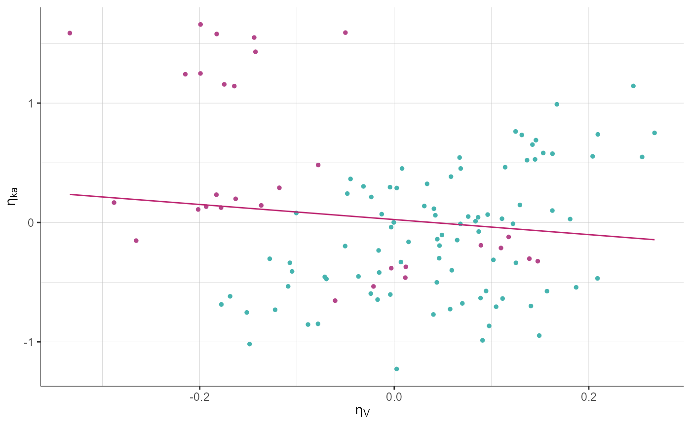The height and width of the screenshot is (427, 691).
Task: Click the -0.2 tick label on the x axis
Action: [199, 396]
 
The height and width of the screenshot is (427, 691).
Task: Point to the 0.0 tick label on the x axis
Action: [393, 396]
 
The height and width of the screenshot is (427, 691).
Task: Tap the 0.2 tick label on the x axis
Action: [588, 396]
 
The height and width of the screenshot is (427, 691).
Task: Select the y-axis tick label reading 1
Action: [31, 104]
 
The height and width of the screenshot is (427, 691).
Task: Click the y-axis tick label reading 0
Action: [31, 222]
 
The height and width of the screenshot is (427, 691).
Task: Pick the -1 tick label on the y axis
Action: [28, 342]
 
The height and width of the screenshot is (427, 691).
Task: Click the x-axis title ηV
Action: [362, 411]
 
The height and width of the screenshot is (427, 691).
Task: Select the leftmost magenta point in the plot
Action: [70, 33]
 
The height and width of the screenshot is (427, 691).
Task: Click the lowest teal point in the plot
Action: [396, 369]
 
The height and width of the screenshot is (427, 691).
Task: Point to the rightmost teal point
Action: [654, 133]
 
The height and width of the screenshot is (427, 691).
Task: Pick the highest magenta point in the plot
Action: [200, 24]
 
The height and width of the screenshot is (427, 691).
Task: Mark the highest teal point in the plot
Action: [633, 86]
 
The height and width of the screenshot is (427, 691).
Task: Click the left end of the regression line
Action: [70, 194]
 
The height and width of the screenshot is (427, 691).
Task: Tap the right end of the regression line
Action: [654, 240]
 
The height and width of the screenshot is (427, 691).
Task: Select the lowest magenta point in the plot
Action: [335, 300]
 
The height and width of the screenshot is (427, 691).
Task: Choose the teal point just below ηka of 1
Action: [557, 104]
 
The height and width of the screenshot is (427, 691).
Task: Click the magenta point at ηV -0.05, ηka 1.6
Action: [345, 33]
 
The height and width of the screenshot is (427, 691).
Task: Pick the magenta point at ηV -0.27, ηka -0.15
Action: [136, 241]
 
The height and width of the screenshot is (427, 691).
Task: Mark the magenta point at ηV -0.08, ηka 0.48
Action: [318, 165]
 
